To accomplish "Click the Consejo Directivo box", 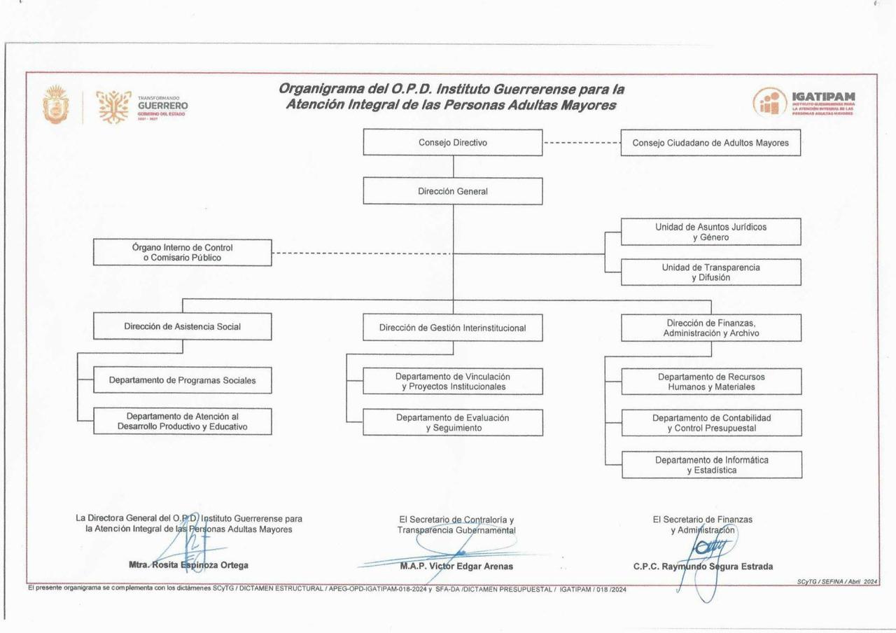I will (x=452, y=143).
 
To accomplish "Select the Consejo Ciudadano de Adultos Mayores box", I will (x=710, y=143).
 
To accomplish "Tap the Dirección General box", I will (x=452, y=191).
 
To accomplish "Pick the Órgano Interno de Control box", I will (x=182, y=253).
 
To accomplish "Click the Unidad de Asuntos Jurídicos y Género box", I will (x=710, y=232).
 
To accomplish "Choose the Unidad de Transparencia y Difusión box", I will (x=710, y=272).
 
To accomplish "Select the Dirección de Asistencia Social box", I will (x=182, y=326).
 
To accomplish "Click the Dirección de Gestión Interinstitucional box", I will (x=452, y=328).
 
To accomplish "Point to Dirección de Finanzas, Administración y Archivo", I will (x=711, y=328).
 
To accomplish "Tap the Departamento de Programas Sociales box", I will (x=182, y=380).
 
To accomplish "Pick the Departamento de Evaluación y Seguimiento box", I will (x=452, y=422).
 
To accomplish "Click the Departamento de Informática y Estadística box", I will (x=711, y=465).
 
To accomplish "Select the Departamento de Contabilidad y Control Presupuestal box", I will (x=711, y=423).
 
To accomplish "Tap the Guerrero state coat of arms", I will (x=55, y=105).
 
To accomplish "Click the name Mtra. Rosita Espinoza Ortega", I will (x=188, y=565).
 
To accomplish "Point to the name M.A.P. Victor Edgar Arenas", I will (x=456, y=566).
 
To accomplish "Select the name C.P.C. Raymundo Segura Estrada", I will (x=703, y=566).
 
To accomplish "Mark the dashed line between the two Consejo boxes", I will (x=582, y=143).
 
